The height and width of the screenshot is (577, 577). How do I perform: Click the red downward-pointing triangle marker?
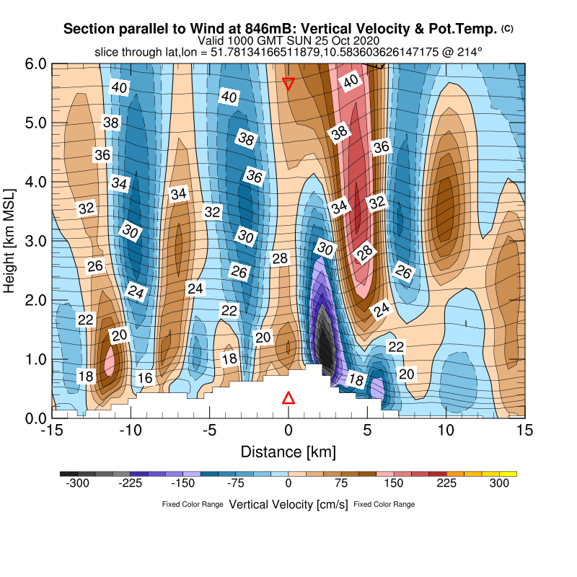click(x=288, y=84)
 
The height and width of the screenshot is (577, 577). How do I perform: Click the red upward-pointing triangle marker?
click(x=288, y=398)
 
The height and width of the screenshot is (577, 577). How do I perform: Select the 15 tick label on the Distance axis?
click(x=525, y=431)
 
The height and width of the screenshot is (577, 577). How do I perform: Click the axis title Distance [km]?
click(x=288, y=452)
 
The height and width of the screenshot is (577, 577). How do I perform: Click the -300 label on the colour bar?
click(x=77, y=484)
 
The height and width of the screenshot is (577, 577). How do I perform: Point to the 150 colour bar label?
click(x=395, y=484)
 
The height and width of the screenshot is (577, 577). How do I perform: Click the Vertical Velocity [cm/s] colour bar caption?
click(x=288, y=504)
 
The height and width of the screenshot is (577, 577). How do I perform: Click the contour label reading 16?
click(x=145, y=378)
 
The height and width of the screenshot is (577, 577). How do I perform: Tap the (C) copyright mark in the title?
click(x=507, y=28)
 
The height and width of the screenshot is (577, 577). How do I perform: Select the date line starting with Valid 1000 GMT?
click(x=288, y=40)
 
